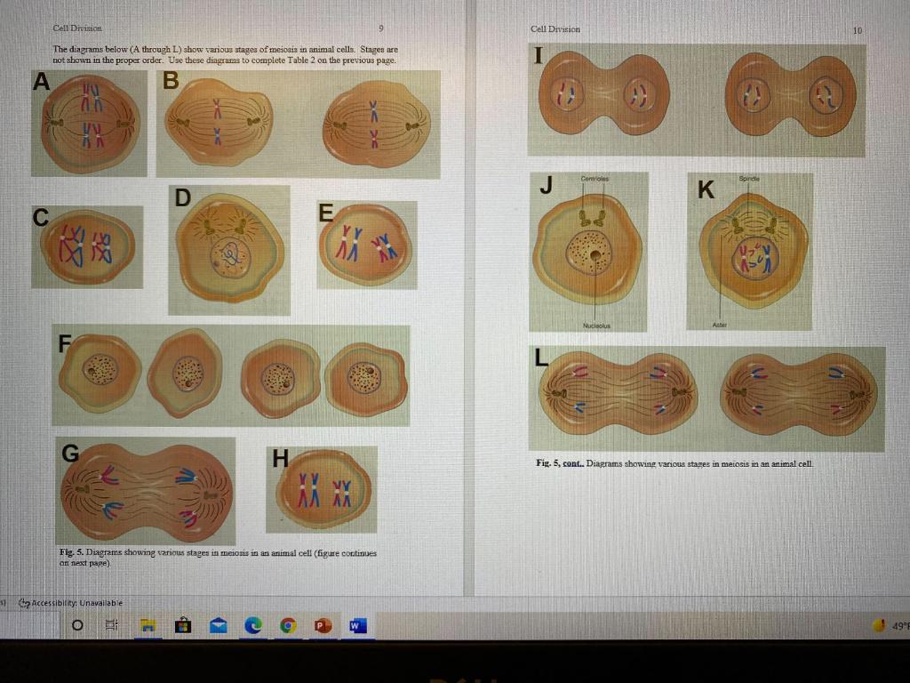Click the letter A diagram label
click(40, 82)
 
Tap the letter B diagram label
click(171, 81)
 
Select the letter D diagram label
click(182, 197)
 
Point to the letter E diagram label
click(326, 213)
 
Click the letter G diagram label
click(69, 453)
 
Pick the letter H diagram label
click(280, 459)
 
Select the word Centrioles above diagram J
click(594, 179)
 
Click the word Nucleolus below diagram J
click(594, 325)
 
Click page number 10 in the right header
click(857, 30)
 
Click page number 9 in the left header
click(381, 29)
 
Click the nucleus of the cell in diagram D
click(230, 258)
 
